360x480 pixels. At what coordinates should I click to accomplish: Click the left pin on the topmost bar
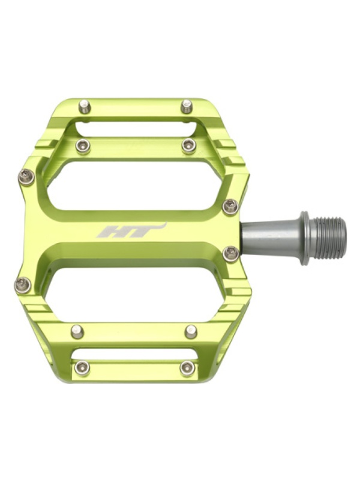click(x=83, y=106)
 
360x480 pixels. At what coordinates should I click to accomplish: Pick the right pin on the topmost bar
click(x=187, y=106)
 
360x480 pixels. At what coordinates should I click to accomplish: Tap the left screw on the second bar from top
click(x=83, y=146)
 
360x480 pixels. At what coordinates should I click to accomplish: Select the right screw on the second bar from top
click(x=189, y=145)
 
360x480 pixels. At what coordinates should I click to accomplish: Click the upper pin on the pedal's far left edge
click(x=26, y=177)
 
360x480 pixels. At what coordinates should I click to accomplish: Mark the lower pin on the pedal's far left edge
click(x=23, y=284)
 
